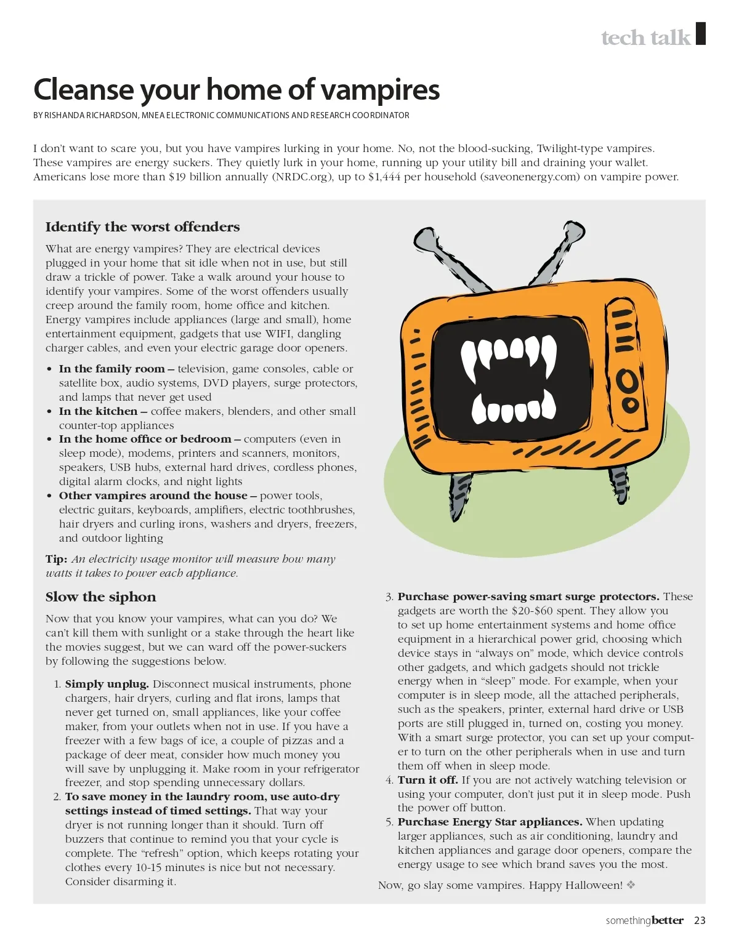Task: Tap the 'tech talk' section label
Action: (645, 38)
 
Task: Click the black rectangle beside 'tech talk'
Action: (700, 33)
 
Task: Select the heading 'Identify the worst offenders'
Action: (142, 227)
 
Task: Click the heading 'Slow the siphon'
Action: (100, 597)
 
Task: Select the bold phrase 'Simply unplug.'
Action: (107, 684)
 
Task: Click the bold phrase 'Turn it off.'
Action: (427, 780)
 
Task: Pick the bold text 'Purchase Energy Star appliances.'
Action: (490, 822)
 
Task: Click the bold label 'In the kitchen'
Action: (98, 411)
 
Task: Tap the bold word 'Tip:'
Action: (56, 559)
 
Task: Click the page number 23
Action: (700, 920)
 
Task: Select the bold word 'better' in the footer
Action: (668, 920)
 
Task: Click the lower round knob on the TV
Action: (630, 405)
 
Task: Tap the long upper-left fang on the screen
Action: (470, 363)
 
